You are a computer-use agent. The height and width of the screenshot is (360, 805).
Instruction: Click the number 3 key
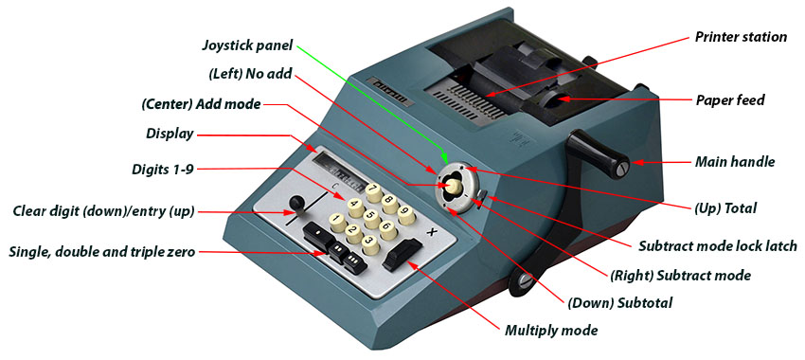tap(370, 244)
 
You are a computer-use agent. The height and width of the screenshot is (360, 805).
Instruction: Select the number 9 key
tap(406, 215)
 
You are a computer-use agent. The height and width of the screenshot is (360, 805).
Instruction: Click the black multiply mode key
tap(402, 254)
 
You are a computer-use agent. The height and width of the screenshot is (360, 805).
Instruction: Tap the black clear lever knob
tap(296, 204)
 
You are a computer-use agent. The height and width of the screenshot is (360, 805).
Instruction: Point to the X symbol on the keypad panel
tap(432, 233)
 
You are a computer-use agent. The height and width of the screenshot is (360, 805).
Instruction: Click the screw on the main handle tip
tap(622, 167)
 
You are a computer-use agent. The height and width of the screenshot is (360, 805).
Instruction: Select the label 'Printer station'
tap(741, 37)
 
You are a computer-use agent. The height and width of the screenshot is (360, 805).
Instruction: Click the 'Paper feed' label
tap(730, 99)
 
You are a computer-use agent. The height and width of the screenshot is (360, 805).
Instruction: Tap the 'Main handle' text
tap(735, 162)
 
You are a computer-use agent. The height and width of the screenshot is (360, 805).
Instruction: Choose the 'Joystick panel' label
tap(247, 45)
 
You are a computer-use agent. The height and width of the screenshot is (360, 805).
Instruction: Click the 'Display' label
tap(170, 135)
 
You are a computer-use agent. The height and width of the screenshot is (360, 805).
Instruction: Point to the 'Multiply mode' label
tap(551, 331)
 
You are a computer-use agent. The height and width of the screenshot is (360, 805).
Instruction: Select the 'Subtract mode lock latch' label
tap(718, 246)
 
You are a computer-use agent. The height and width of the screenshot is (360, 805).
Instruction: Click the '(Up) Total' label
tap(724, 208)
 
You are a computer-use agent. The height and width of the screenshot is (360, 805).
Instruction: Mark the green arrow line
tap(371, 104)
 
